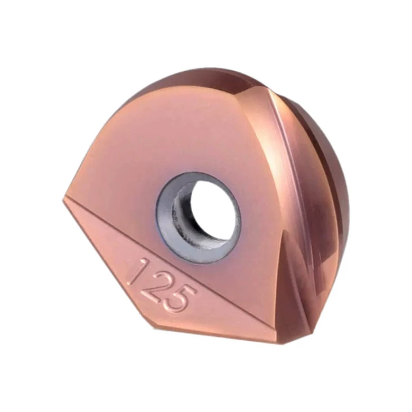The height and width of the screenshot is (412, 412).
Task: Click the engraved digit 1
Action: (x=138, y=272)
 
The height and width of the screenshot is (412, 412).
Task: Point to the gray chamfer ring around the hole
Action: (x=163, y=223)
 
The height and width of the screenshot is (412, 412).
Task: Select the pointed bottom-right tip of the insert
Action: (x=311, y=338)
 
